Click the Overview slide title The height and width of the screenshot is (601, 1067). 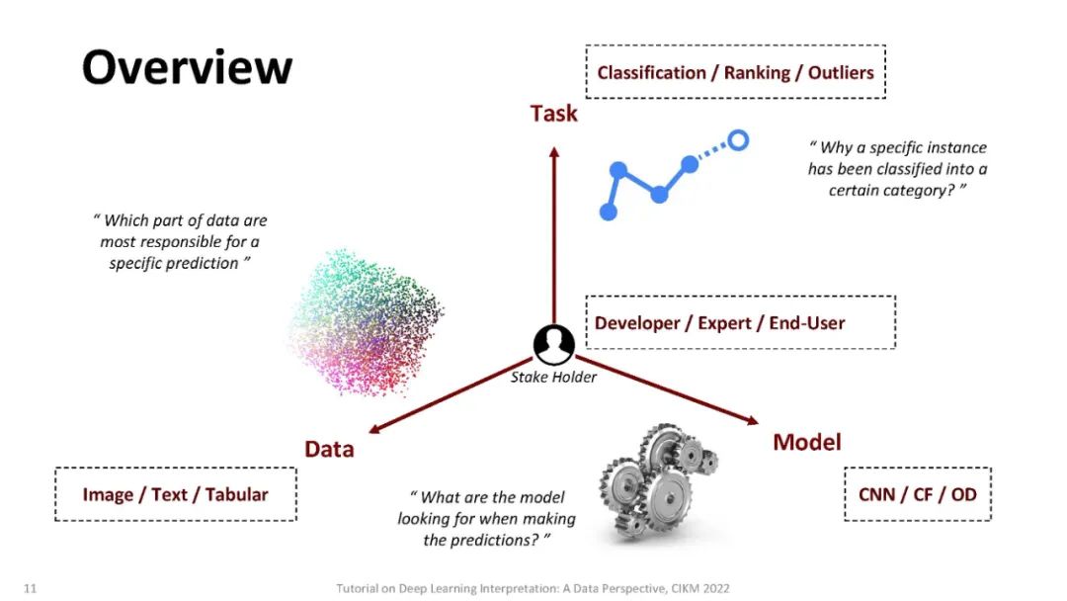(187, 68)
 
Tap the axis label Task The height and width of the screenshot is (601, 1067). (553, 114)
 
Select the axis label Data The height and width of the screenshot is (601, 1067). (329, 450)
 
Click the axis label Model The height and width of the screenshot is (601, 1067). (807, 442)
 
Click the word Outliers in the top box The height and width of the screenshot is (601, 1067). (841, 72)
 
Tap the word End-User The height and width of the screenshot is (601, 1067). (804, 323)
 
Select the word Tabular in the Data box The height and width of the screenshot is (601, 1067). (236, 494)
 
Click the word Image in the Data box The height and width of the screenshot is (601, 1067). (108, 494)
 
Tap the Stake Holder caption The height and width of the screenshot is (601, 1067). (553, 377)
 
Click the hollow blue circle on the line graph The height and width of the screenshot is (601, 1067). (737, 140)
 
